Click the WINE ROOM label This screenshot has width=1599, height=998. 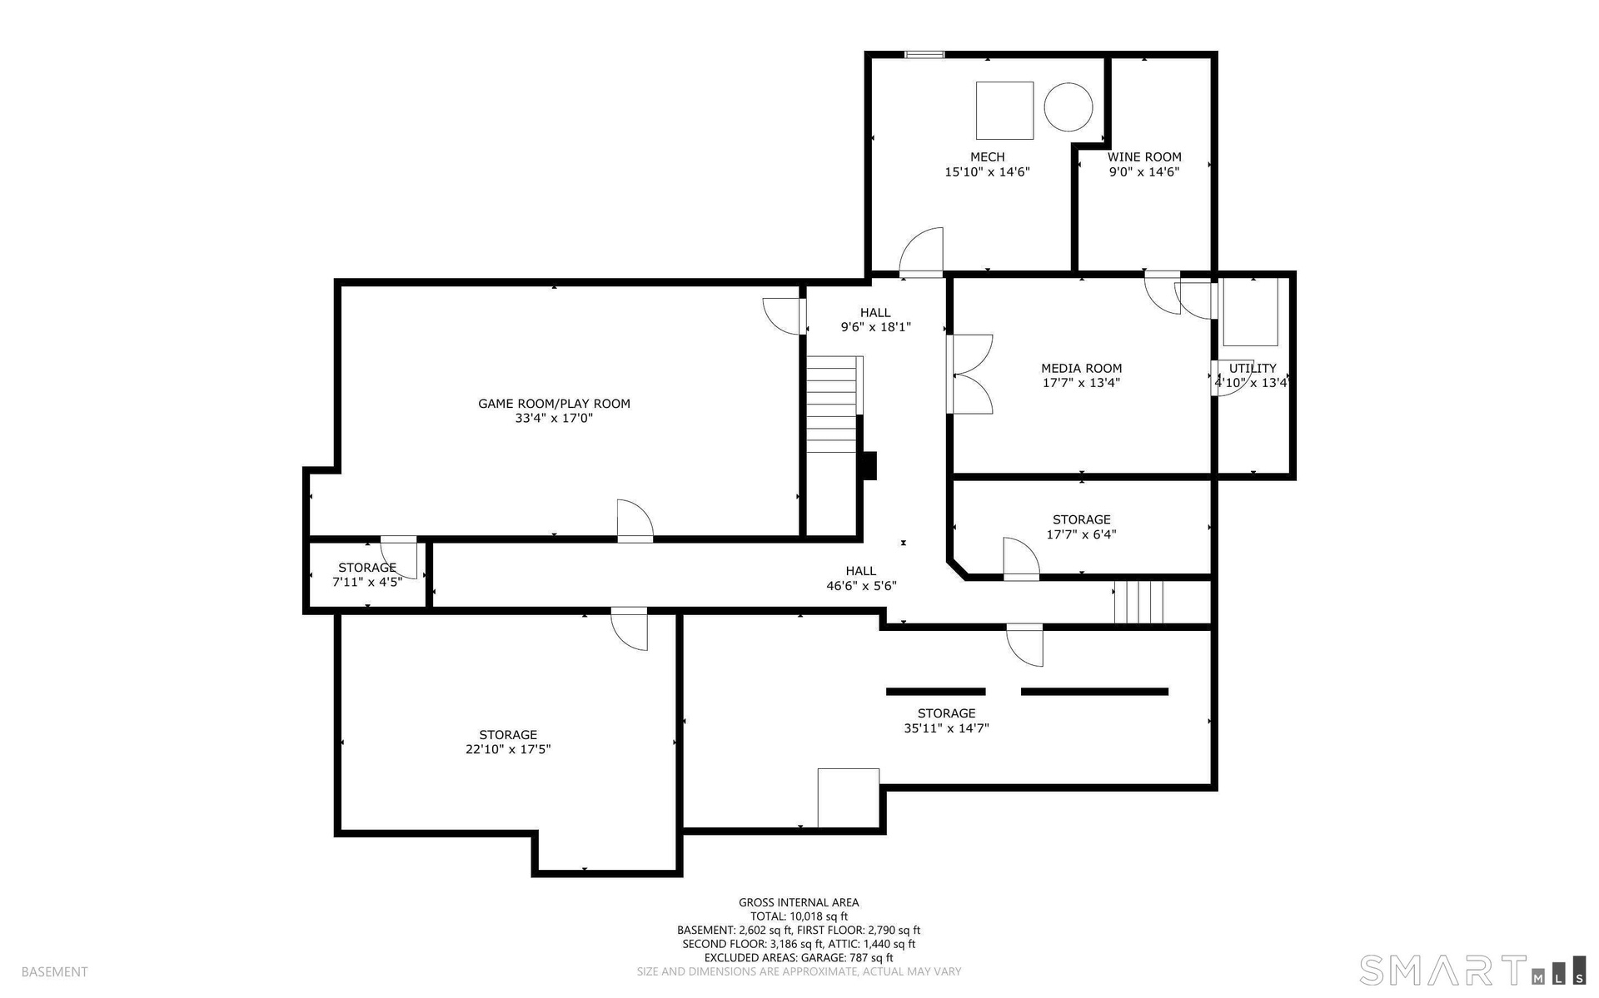1144,156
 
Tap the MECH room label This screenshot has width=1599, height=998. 987,156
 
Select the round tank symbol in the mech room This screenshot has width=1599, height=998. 1068,107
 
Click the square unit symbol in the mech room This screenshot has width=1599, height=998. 1004,110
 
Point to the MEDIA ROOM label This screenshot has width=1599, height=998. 1081,368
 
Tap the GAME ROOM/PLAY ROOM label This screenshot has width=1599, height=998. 554,404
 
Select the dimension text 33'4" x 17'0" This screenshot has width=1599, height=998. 554,419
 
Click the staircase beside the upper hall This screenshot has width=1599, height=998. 834,405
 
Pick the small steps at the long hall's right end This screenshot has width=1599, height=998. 1138,602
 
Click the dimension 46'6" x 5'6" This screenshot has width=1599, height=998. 861,586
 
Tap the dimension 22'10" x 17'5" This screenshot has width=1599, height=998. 508,749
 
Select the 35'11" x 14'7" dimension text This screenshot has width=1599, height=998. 946,728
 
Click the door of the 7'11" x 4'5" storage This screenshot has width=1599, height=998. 399,558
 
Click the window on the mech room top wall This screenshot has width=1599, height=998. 924,55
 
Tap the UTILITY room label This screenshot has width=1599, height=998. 1253,368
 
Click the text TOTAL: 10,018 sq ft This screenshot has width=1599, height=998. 799,916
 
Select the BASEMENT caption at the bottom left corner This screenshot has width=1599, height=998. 54,971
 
